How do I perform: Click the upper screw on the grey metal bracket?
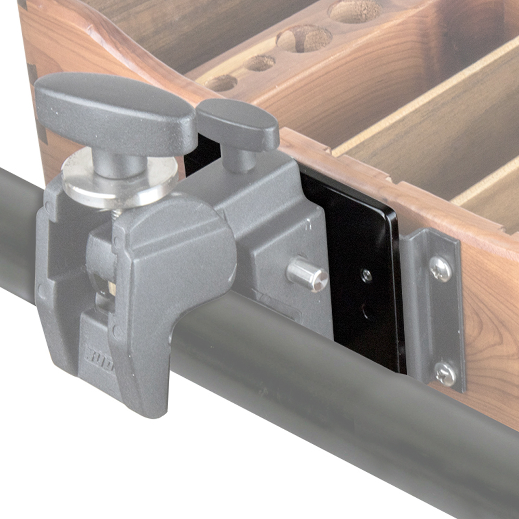pos(440,269)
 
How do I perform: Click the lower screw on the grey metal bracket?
pos(445,373)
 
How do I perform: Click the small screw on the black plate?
pos(366,276)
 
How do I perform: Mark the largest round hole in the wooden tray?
pos(304,39)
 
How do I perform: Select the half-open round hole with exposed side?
pos(356,10)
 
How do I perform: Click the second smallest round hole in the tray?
pos(260,63)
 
